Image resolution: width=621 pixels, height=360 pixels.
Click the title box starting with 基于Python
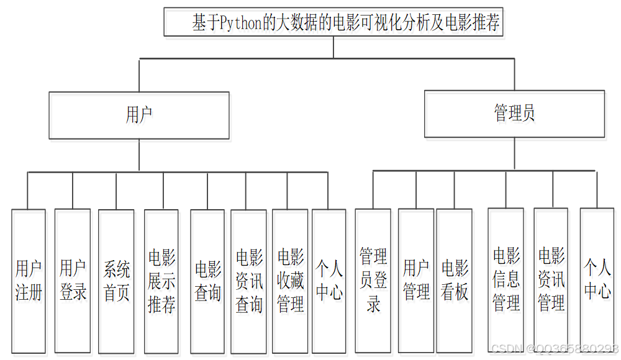tap(333, 22)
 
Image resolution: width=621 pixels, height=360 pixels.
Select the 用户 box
tap(139, 115)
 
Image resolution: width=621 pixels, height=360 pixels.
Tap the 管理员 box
tap(514, 114)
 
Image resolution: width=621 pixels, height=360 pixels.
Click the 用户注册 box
tap(29, 281)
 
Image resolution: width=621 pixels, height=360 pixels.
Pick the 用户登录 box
tap(73, 281)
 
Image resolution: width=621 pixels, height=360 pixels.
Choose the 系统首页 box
tap(116, 281)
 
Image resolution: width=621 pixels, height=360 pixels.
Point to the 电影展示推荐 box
tap(161, 281)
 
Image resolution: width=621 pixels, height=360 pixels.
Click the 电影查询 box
tap(207, 281)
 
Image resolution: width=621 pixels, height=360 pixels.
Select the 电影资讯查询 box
tap(249, 281)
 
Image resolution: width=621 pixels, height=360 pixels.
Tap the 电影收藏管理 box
tap(290, 281)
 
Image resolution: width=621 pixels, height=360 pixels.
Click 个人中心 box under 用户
tap(329, 281)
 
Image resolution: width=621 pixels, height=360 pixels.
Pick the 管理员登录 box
tap(373, 281)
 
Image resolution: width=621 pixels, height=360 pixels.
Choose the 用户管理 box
tap(416, 281)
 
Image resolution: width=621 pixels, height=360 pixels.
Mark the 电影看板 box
tap(455, 281)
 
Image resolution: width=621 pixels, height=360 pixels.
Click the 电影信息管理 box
tap(506, 281)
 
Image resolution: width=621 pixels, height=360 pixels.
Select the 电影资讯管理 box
tap(551, 281)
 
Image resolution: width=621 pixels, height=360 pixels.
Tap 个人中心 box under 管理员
tap(597, 281)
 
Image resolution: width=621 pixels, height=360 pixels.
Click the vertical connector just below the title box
tap(333, 47)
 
